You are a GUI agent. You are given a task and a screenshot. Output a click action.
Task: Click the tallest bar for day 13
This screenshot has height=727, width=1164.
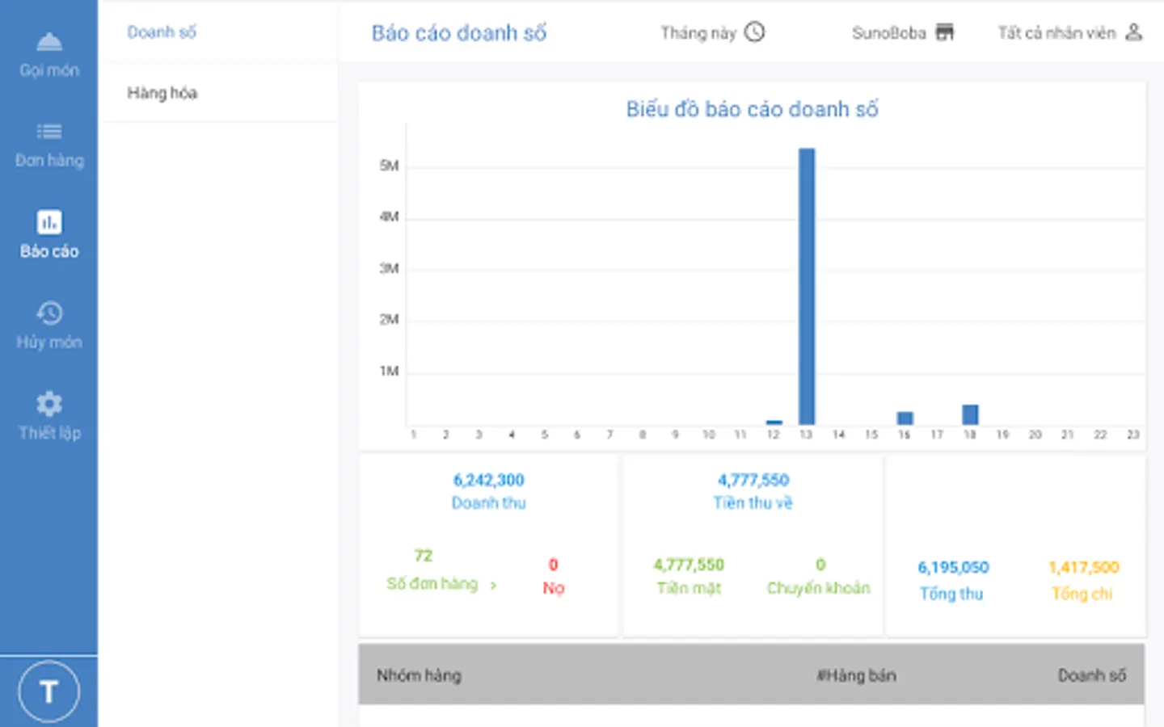(807, 287)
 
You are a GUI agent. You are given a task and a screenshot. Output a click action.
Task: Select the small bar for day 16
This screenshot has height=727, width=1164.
(905, 418)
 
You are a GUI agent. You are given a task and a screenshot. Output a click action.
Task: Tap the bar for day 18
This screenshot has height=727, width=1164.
(970, 414)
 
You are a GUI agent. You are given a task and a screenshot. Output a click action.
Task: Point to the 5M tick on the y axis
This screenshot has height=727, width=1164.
(389, 166)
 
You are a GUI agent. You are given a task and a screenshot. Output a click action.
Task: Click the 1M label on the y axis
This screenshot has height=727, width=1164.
(389, 372)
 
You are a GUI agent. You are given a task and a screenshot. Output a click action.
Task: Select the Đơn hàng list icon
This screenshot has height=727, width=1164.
(49, 132)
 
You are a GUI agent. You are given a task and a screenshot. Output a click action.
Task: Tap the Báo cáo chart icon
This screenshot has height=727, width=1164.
(49, 222)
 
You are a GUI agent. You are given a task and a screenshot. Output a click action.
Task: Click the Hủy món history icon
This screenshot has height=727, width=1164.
(49, 313)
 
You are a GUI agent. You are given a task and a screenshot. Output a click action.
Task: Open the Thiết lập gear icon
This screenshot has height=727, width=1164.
(49, 404)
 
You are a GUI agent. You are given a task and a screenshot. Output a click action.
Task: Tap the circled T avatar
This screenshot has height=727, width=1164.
(48, 691)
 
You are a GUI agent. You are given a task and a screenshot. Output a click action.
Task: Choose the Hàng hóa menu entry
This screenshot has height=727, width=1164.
(162, 93)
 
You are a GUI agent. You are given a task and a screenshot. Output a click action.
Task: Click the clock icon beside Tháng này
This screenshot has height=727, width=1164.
(754, 32)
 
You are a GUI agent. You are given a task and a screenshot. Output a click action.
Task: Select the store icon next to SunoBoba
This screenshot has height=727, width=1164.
(944, 32)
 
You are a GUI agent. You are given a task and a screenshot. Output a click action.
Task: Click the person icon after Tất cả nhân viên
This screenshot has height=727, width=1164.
(1134, 32)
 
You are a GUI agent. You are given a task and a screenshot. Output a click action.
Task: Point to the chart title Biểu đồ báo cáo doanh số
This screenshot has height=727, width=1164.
(752, 109)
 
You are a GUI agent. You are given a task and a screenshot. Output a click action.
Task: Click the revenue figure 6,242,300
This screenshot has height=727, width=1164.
(488, 480)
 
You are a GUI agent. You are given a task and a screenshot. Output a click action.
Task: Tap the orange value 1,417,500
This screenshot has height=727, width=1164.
(1083, 567)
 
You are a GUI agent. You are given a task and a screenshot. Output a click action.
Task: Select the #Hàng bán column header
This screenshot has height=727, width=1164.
(856, 675)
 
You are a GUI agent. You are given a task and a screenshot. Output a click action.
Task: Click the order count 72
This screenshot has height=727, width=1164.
(424, 556)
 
